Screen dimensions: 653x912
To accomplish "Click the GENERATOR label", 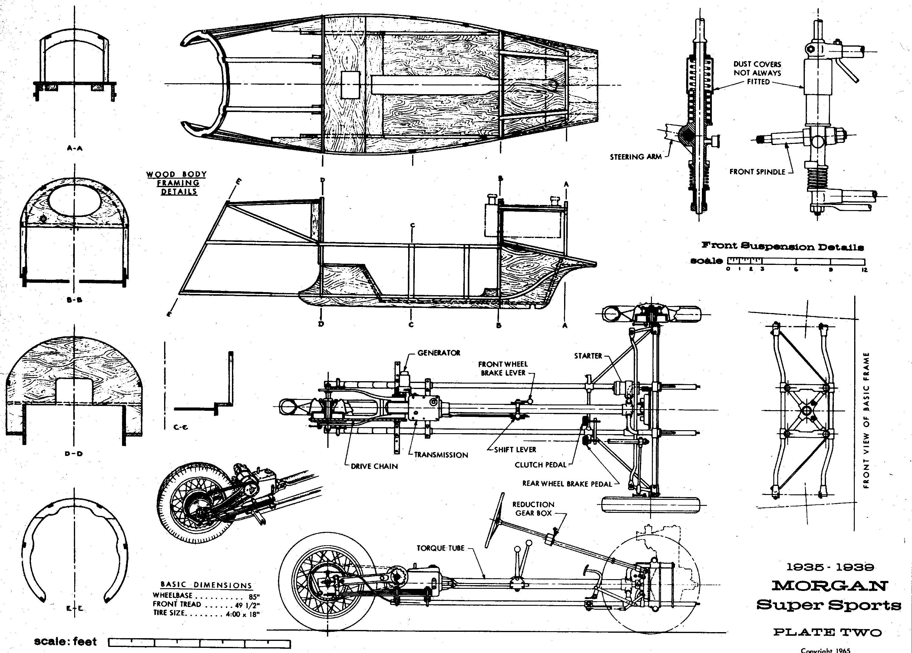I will tap(439, 353).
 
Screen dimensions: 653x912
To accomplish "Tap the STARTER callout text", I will tap(588, 356).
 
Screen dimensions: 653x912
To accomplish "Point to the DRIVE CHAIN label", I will tap(374, 467).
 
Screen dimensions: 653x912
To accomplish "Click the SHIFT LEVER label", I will tap(515, 450).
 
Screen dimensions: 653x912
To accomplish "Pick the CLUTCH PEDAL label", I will tap(540, 465).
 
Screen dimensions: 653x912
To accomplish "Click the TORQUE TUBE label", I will tap(440, 548).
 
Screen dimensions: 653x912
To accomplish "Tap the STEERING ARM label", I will tap(635, 157).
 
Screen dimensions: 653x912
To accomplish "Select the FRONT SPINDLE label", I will tap(757, 172).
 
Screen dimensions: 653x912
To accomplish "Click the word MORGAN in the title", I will tap(829, 586).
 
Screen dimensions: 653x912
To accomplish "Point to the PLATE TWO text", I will tap(828, 632).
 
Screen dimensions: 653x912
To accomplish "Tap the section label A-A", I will tap(75, 148).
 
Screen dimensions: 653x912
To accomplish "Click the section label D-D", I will tap(74, 453).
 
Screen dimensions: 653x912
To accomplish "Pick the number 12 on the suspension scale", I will tap(864, 270).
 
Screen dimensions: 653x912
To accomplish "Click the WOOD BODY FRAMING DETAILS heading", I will tap(177, 183).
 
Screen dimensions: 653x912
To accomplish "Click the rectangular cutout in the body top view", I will tap(350, 85).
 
